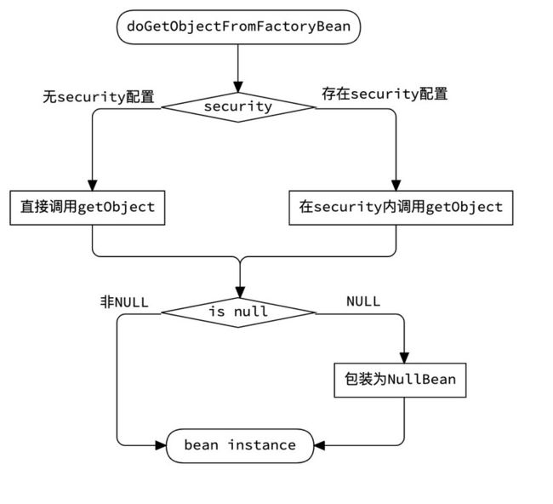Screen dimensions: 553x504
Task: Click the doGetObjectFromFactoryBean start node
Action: click(x=238, y=27)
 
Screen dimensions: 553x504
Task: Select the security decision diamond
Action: click(x=238, y=107)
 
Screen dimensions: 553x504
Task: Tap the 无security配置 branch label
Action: click(x=99, y=97)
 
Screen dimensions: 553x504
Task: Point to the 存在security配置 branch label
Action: click(x=385, y=94)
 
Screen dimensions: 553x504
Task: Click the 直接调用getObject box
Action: click(x=88, y=208)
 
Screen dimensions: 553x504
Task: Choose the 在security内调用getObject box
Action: click(x=401, y=208)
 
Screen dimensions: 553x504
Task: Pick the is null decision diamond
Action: click(x=238, y=312)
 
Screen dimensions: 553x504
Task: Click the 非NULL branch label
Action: click(x=124, y=302)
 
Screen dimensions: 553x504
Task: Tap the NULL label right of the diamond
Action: click(x=363, y=301)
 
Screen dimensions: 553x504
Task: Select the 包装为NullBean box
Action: click(x=400, y=380)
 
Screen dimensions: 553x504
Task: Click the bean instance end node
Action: click(x=240, y=445)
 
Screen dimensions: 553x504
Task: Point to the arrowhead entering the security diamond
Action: click(x=238, y=87)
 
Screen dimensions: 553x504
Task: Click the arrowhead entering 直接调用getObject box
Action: click(x=93, y=186)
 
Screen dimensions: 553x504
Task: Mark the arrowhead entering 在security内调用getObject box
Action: click(x=396, y=186)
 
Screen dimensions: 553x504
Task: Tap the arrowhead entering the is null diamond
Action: click(x=240, y=293)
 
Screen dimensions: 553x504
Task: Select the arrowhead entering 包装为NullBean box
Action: click(x=404, y=358)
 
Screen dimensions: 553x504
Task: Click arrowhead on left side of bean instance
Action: click(x=161, y=445)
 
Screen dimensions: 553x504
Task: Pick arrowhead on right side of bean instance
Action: click(x=319, y=445)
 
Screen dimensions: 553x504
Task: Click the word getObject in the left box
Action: click(x=116, y=208)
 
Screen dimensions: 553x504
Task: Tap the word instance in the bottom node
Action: click(x=262, y=445)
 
